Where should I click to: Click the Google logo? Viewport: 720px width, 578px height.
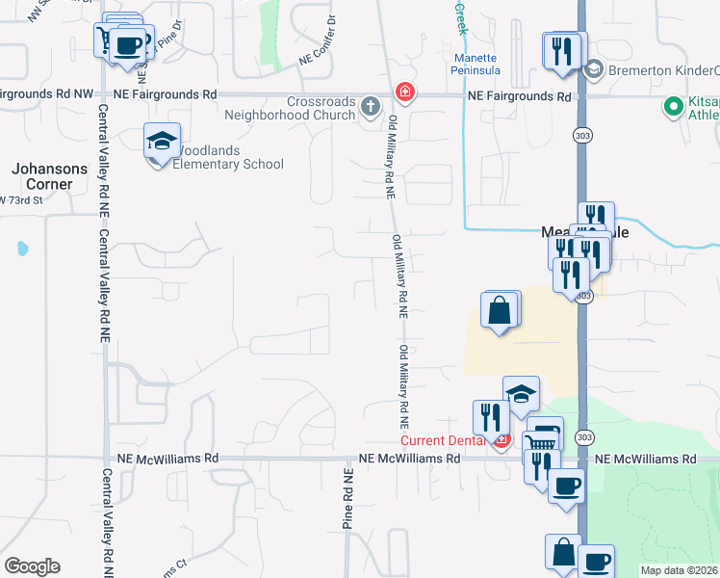pos(32,566)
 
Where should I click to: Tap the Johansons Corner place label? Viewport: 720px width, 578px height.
pos(42,175)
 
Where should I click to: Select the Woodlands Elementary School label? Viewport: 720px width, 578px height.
pos(228,157)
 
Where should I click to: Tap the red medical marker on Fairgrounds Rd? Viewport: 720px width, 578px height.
pos(405,92)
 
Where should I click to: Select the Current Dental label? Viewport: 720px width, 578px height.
pos(444,440)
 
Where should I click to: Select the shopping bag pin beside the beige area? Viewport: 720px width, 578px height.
pos(500,311)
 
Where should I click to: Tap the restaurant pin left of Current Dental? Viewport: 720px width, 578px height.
pos(491,416)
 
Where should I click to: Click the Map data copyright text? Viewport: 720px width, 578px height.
pos(679,570)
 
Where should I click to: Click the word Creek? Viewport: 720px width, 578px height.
pos(460,17)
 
